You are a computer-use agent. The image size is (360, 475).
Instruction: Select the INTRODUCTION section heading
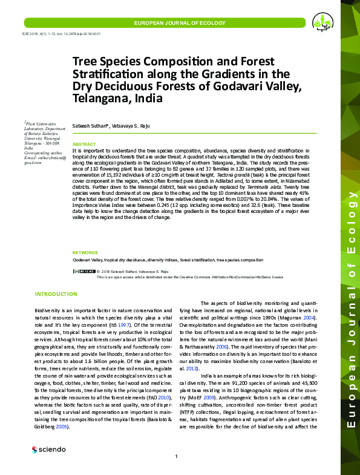(x=56, y=294)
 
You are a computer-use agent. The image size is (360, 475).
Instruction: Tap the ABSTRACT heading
(x=84, y=144)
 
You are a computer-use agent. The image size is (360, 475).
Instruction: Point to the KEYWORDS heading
(x=86, y=252)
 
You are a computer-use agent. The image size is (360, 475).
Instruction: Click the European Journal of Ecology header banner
(x=174, y=22)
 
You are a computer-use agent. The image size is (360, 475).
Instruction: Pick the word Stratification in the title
(x=108, y=74)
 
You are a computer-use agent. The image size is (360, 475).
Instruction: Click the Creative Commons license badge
(x=83, y=271)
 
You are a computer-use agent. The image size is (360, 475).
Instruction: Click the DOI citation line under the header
(x=53, y=34)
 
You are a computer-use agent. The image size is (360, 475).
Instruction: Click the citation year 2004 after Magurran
(x=310, y=317)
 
